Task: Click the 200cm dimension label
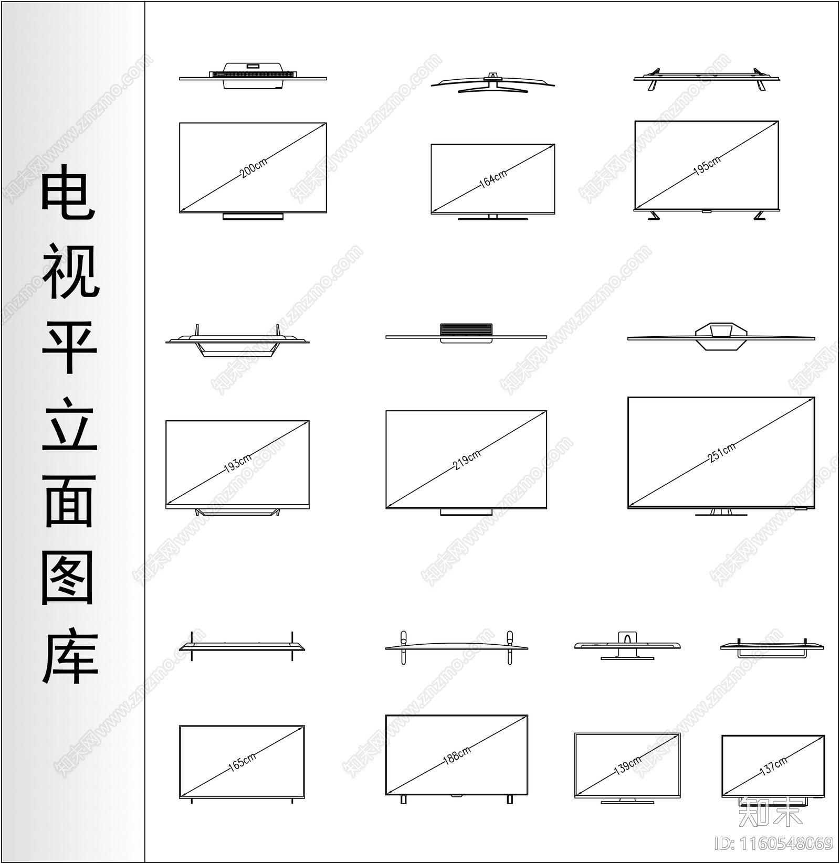point(254,168)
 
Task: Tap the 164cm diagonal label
point(493,178)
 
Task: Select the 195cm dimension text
point(707,165)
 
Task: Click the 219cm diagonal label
point(466,460)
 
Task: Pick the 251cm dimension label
point(721,452)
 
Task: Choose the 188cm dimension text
point(457,755)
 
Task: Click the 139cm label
point(628,766)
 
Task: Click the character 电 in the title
point(68,192)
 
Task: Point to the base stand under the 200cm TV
point(253,216)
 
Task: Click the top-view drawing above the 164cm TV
point(493,83)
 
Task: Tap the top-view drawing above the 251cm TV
point(721,336)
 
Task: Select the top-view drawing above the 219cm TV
point(466,333)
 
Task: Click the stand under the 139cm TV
point(627,801)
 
